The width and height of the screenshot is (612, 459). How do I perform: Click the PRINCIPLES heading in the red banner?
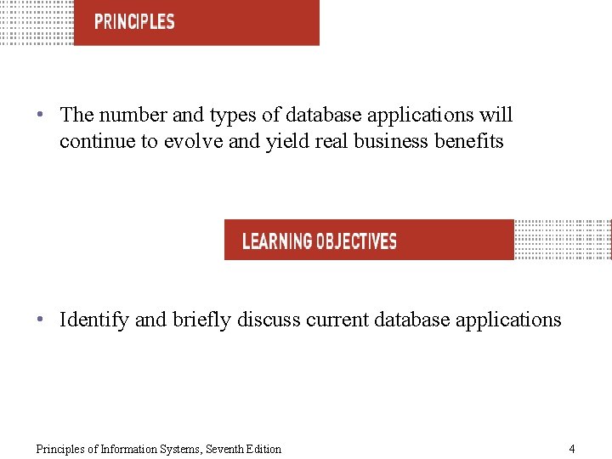[x=134, y=22]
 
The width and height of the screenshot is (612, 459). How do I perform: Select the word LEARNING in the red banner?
[x=277, y=241]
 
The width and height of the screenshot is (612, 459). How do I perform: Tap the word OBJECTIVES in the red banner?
[x=356, y=241]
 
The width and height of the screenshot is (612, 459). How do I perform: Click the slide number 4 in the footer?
[x=572, y=449]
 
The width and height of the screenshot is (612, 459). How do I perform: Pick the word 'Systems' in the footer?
[x=178, y=449]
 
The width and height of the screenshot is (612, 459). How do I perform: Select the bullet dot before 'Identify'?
[x=41, y=320]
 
